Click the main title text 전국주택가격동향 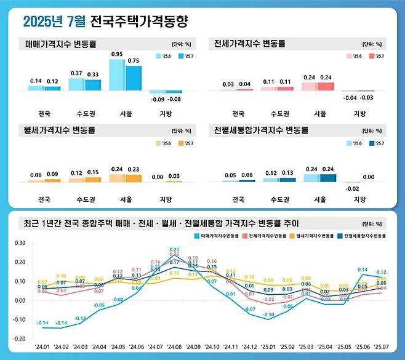pyautogui.click(x=138, y=22)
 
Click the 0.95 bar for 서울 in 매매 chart pyautogui.click(x=117, y=75)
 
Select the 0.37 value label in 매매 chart pyautogui.click(x=76, y=73)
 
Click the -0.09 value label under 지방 pyautogui.click(x=158, y=99)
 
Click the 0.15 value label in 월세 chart pyautogui.click(x=92, y=172)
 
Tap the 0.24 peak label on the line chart pyautogui.click(x=174, y=250)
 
